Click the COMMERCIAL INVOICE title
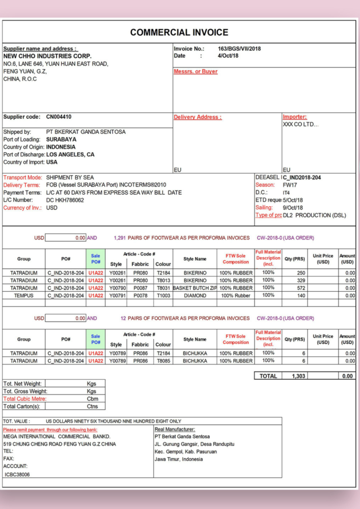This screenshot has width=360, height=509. pos(179,33)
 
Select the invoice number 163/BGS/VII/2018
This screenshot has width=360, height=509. pos(239,49)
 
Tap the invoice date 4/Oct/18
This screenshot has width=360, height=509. pos(228,56)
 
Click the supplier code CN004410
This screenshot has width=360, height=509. pos(59,117)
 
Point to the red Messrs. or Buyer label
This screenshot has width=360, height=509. pos(195,72)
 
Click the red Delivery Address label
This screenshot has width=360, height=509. pos(197,117)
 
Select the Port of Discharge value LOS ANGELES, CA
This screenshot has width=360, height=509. pos(70,155)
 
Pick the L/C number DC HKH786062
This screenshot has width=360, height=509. pos(65,200)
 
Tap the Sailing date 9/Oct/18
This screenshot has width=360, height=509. pos(293,208)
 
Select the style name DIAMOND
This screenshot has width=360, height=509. pos(194,295)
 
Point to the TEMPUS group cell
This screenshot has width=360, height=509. pos(24,295)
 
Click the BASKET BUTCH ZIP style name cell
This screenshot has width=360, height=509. pos(195,288)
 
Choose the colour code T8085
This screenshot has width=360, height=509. pos(163,361)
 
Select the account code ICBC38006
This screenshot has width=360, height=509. pos(17,474)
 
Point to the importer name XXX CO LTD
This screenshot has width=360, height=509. pos(301,124)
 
